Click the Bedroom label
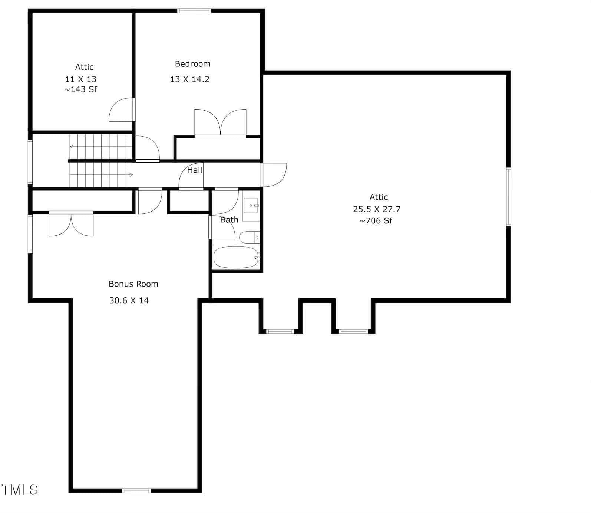pos(192,64)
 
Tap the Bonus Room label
pos(133,284)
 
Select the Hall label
pos(195,170)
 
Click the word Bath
pos(229,220)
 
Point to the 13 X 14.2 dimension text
pos(190,79)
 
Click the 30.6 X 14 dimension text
pos(129,300)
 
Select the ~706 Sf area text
pos(376,220)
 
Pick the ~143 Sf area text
pos(80,89)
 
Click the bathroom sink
pos(251,205)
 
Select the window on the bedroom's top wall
pos(194,11)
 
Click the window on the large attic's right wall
pos(509,197)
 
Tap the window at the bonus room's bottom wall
pos(136,491)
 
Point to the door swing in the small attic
pos(121,110)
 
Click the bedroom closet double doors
pos(220,122)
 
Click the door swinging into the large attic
pos(274,175)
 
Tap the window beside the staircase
pos(30,162)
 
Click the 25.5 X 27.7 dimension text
pos(377,209)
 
